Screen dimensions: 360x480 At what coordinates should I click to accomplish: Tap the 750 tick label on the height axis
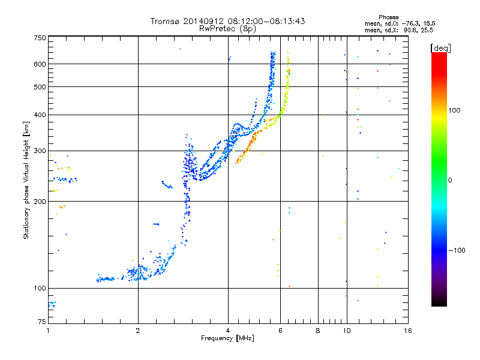[40, 38]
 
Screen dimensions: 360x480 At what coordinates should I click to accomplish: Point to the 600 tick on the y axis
[40, 64]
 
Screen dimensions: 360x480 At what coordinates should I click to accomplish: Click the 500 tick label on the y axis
[40, 87]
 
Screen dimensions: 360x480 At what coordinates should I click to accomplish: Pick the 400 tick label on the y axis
[40, 115]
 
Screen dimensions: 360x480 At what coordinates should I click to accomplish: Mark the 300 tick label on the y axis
[40, 151]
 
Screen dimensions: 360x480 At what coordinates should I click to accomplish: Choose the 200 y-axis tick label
[40, 202]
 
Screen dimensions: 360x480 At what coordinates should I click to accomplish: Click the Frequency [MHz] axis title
[227, 339]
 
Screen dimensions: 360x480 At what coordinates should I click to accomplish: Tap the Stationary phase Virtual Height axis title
[26, 179]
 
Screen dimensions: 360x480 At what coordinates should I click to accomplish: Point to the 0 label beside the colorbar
[450, 180]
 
